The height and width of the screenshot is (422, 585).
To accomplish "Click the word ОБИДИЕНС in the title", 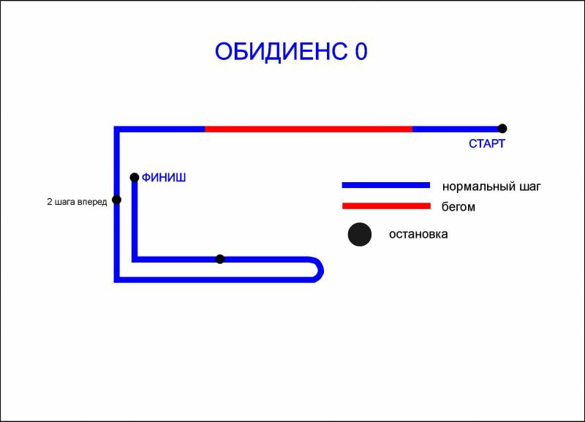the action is click(x=282, y=51).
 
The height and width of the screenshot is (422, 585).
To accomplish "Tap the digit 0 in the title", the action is click(x=361, y=51).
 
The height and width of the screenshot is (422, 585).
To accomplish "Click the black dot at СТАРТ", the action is click(x=502, y=129).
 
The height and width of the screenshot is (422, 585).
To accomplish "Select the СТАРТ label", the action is click(x=486, y=143).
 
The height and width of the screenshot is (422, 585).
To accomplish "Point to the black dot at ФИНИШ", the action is click(x=135, y=177).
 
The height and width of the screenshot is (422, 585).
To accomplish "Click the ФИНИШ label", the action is click(x=164, y=177).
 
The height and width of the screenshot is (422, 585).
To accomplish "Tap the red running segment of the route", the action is click(x=309, y=129).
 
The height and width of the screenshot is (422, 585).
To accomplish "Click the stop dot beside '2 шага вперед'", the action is click(x=116, y=200).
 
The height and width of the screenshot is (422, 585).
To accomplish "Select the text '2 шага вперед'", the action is click(x=77, y=202).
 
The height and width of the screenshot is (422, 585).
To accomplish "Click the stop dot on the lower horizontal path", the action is click(x=220, y=259).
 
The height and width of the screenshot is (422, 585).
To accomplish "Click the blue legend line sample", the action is click(x=386, y=185).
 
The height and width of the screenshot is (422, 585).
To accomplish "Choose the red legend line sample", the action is click(x=386, y=206).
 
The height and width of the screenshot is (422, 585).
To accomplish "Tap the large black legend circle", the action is click(x=360, y=234).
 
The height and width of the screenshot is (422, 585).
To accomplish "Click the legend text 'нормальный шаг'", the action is click(x=491, y=186).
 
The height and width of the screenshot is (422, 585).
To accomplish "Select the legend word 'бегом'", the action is click(x=458, y=207).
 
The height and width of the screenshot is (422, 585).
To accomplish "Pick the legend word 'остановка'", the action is click(x=418, y=234).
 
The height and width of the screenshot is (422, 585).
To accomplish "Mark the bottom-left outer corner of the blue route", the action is click(x=114, y=282).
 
